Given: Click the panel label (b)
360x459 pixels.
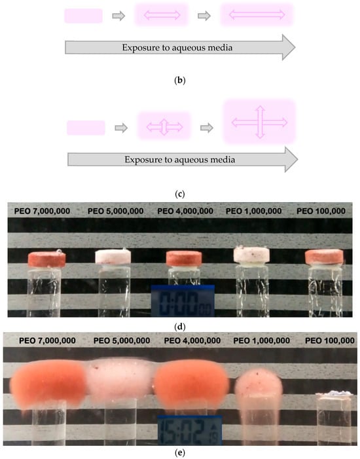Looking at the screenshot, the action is pos(180,81).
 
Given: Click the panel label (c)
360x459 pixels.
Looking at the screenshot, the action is pos(180,194).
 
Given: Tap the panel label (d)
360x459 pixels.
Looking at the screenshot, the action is pos(180,327).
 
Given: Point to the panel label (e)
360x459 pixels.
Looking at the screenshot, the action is pos(180,453).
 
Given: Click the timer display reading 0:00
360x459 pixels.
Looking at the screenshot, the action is pos(183,301).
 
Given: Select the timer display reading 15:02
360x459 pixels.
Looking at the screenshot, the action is pos(190,430).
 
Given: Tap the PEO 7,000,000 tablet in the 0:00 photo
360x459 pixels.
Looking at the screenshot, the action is pos(47,259).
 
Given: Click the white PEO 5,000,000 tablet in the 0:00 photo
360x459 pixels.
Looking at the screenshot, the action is pos(113,257).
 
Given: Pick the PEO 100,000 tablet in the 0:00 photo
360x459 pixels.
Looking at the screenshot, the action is pos(324,257).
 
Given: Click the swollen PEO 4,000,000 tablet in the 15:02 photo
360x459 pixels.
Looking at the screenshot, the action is pos(191,383).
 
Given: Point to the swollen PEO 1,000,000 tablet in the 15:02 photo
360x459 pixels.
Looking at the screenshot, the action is pos(259,383).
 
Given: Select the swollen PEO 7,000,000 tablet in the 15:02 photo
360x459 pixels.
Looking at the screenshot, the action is pos(48,384).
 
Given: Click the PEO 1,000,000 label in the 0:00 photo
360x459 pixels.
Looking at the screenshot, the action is pos(254,211).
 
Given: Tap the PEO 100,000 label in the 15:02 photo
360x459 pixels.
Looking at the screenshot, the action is pos(330,340).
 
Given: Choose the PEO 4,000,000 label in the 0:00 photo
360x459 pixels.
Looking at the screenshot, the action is pos(185,211).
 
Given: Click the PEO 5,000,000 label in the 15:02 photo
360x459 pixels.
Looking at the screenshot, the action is pos(122,340).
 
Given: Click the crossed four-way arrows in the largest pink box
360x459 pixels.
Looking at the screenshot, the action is pos(260,122).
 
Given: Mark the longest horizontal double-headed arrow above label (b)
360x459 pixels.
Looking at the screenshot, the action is pos(257,14).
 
